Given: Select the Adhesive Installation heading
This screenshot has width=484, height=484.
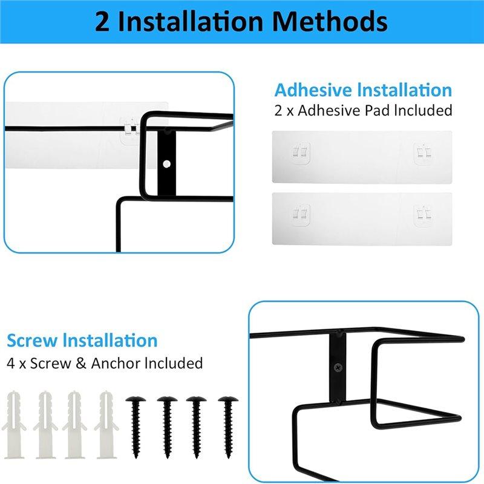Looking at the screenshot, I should tap(363, 90).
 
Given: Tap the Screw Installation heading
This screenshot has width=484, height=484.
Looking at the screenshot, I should tap(82, 340).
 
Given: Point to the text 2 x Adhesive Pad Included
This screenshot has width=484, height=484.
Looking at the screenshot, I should tap(363, 110).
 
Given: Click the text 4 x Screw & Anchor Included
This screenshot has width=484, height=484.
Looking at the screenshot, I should tap(105, 363).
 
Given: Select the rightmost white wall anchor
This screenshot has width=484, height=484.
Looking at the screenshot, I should tap(106, 418).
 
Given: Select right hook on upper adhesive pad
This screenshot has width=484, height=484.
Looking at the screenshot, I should tap(423, 153).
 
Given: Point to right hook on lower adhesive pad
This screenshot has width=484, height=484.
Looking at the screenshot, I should tap(423, 213).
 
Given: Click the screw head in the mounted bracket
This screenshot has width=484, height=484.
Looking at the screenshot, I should tap(336, 366).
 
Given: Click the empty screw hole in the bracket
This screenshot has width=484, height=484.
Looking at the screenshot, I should tap(166, 163).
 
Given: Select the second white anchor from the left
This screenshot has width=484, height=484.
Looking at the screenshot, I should tap(45, 418).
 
